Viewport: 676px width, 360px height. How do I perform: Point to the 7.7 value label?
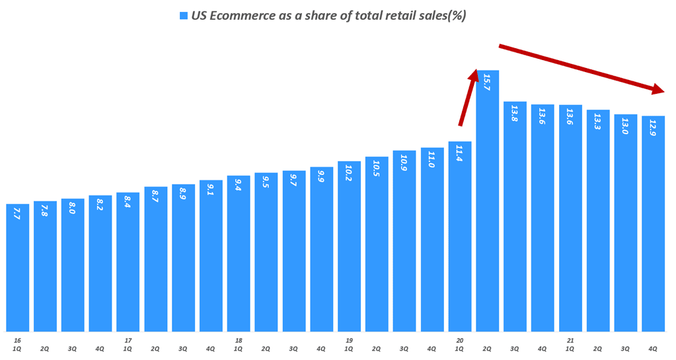click(x=17, y=213)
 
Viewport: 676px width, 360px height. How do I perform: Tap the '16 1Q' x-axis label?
click(x=17, y=344)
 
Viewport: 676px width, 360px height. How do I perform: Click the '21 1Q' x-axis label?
click(x=570, y=344)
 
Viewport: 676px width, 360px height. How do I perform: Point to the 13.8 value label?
click(x=515, y=114)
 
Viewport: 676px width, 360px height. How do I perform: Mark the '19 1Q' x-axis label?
click(x=349, y=344)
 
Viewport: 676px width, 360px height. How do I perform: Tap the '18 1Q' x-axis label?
click(x=239, y=344)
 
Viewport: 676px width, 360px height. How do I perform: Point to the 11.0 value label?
click(x=432, y=159)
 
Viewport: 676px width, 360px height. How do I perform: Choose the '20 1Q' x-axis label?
click(x=459, y=344)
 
